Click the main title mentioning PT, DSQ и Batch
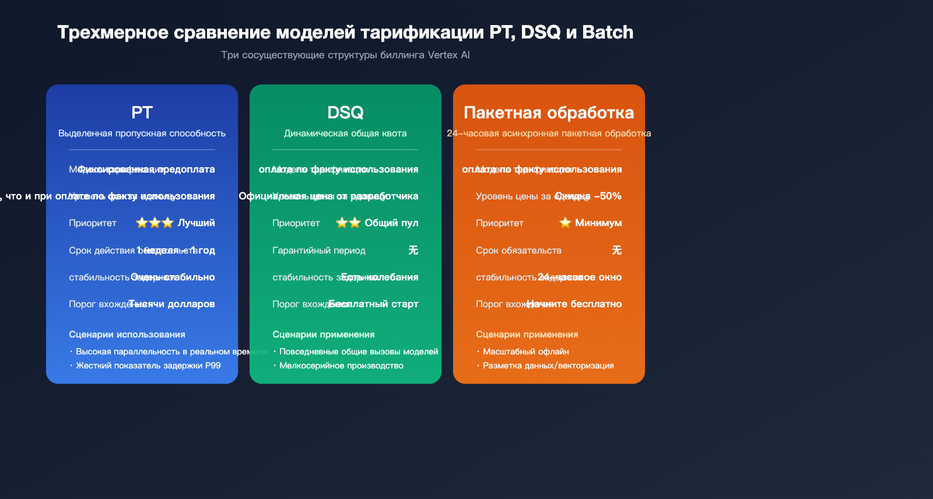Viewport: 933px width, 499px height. click(x=345, y=32)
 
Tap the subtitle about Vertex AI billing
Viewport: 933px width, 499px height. click(x=345, y=55)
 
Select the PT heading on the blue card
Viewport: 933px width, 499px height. click(x=142, y=112)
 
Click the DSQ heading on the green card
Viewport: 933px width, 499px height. click(x=345, y=112)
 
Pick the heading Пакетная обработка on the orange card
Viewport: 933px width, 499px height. click(x=549, y=112)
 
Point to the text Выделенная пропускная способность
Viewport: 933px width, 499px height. click(x=142, y=133)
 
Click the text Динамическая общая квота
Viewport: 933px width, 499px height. click(x=345, y=133)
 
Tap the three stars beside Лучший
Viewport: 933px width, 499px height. click(x=155, y=223)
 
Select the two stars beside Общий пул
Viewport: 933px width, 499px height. click(x=349, y=223)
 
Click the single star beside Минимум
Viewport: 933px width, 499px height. click(x=565, y=223)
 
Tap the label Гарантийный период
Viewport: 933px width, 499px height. click(x=319, y=250)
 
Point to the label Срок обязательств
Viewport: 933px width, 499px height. click(x=518, y=250)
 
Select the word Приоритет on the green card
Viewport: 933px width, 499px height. click(x=296, y=223)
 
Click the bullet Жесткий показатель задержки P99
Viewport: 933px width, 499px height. click(x=148, y=366)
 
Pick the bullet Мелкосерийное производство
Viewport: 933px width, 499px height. click(x=341, y=366)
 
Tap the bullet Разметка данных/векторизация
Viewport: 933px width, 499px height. click(x=548, y=366)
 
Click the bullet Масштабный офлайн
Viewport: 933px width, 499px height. click(x=525, y=352)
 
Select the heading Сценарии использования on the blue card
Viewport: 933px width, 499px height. click(x=127, y=335)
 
